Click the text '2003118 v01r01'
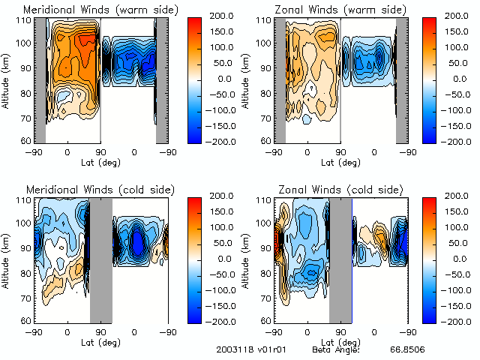(246, 349)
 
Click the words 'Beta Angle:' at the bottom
(336, 349)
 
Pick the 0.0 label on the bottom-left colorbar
(221, 258)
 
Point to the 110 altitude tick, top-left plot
(24, 20)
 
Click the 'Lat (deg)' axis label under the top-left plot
(101, 161)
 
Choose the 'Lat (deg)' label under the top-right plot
(341, 161)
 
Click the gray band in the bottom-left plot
(100, 259)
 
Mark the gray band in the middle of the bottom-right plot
(340, 259)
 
